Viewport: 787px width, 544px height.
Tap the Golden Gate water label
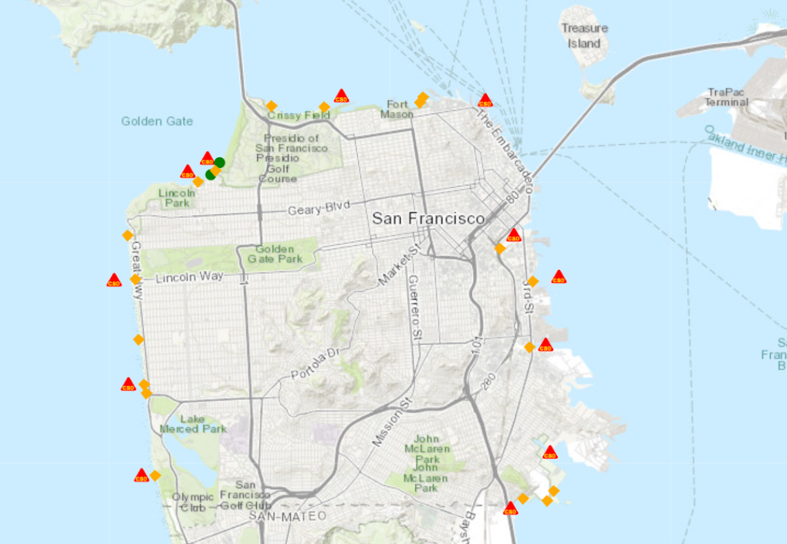(157, 121)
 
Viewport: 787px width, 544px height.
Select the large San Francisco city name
(428, 218)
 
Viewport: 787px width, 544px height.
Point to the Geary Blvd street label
(319, 207)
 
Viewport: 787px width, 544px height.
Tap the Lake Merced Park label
(193, 424)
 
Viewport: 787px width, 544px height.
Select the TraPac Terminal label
(726, 96)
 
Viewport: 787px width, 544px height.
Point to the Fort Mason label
(397, 109)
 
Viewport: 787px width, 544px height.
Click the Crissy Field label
(299, 116)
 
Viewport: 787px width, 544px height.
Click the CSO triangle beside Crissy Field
(341, 96)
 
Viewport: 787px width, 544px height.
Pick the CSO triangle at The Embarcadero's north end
(485, 100)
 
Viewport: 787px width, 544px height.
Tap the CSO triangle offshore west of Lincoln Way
(114, 280)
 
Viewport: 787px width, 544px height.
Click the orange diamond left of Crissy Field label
(272, 106)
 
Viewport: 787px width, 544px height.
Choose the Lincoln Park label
(177, 197)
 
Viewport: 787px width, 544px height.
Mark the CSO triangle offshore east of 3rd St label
(559, 277)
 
